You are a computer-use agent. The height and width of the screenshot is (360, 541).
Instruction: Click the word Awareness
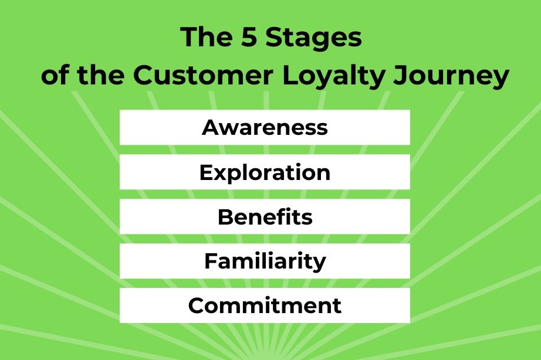pos(265,127)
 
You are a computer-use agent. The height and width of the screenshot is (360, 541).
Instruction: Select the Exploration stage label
pos(265,172)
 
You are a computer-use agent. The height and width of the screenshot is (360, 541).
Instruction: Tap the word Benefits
pos(265,217)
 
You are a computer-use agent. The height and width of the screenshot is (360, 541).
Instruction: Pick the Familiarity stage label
pos(265,261)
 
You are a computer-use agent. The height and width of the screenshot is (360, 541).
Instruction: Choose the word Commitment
pos(265,305)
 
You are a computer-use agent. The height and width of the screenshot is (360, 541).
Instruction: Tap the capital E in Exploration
pos(205,172)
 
